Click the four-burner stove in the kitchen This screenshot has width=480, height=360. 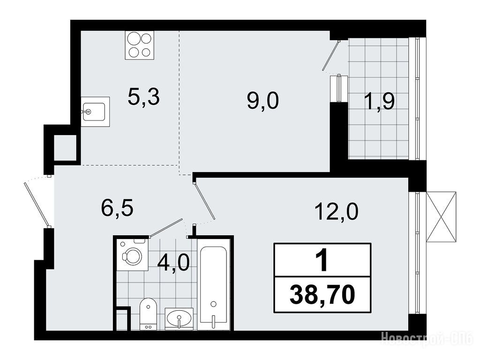[139, 45]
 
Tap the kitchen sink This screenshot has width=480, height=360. [95, 112]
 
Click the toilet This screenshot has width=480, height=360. [148, 314]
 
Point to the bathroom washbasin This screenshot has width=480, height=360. [179, 319]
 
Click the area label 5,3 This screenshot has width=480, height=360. [143, 97]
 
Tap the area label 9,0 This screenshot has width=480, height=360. [263, 101]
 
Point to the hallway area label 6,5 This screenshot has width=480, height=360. [117, 209]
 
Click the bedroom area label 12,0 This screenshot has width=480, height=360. [336, 211]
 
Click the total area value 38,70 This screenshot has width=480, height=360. [322, 294]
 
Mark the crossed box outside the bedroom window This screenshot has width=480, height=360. [441, 217]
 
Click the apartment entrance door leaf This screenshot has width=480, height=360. [36, 204]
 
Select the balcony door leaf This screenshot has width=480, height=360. [331, 55]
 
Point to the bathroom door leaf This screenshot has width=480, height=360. [165, 228]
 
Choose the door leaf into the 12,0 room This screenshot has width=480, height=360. [204, 201]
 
